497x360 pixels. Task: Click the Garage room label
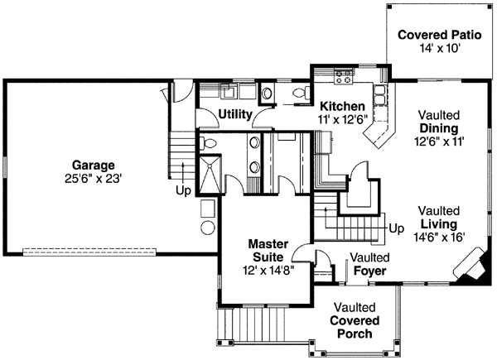pyautogui.click(x=93, y=166)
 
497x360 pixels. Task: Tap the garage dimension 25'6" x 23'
pyautogui.click(x=93, y=179)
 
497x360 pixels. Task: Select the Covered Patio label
pyautogui.click(x=440, y=35)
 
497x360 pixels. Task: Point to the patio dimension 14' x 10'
pyautogui.click(x=440, y=49)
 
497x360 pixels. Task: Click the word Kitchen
pyautogui.click(x=342, y=106)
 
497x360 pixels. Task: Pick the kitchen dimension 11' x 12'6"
pyautogui.click(x=342, y=119)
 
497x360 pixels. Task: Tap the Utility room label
pyautogui.click(x=235, y=114)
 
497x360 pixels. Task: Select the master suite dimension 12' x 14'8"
pyautogui.click(x=268, y=271)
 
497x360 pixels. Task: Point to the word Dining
pyautogui.click(x=439, y=128)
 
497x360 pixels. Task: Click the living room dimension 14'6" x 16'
pyautogui.click(x=439, y=237)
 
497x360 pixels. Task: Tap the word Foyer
pyautogui.click(x=370, y=271)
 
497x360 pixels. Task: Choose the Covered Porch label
pyautogui.click(x=355, y=327)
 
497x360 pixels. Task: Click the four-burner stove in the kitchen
pyautogui.click(x=344, y=77)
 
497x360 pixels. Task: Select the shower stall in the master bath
pyautogui.click(x=210, y=174)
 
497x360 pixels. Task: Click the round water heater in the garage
pyautogui.click(x=208, y=228)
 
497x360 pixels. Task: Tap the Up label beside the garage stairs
pyautogui.click(x=184, y=190)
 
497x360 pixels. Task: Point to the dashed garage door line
pyautogui.click(x=89, y=252)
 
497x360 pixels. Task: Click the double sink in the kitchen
pyautogui.click(x=380, y=95)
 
